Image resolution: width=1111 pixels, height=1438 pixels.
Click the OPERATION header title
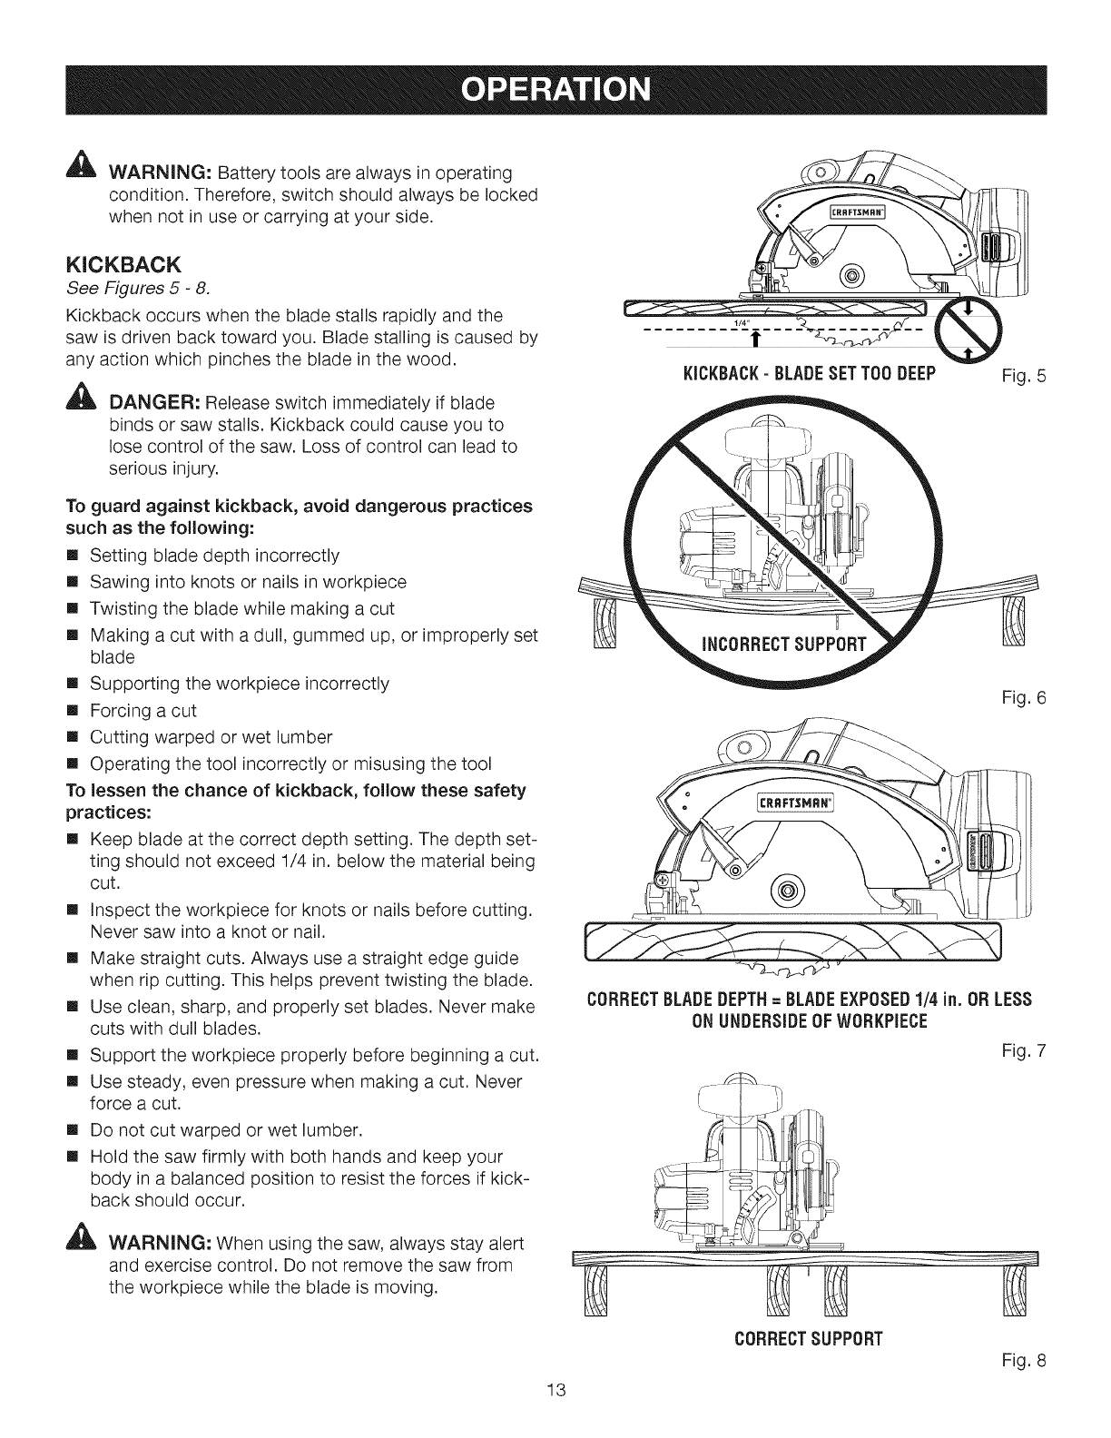pos(555,91)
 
